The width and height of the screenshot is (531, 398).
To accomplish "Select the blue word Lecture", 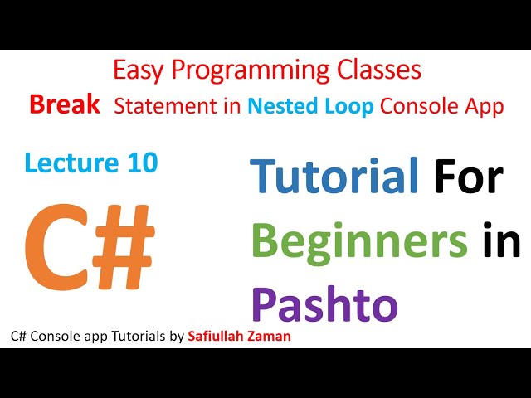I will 69,163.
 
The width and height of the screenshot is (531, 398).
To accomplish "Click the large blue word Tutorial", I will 334,178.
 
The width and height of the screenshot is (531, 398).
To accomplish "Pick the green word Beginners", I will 359,242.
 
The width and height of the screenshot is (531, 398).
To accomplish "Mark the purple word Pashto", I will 324,304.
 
